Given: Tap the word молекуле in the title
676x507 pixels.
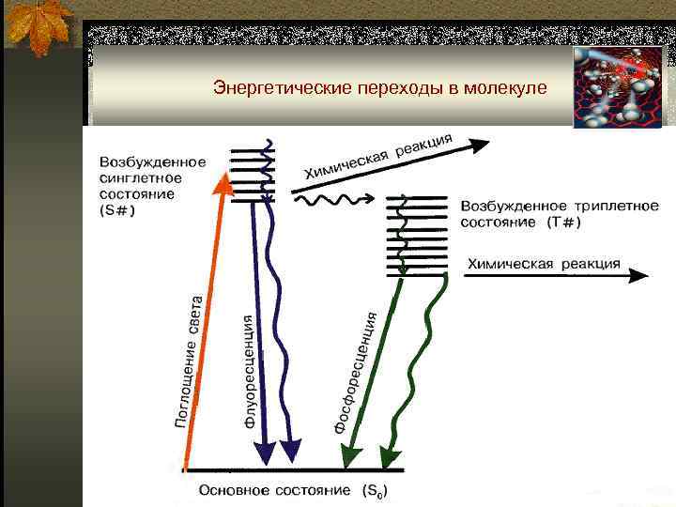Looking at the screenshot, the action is tap(506, 88).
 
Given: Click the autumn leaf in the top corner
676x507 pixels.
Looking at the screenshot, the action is tap(38, 28).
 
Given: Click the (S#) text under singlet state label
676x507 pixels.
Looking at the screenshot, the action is tap(117, 209).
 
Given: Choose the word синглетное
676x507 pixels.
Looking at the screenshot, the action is tap(141, 177).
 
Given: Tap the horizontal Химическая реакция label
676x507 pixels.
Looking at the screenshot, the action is tap(544, 263).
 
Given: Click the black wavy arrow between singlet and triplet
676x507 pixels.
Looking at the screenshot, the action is tap(333, 199).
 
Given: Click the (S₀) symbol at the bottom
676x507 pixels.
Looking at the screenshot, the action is tap(374, 491).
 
